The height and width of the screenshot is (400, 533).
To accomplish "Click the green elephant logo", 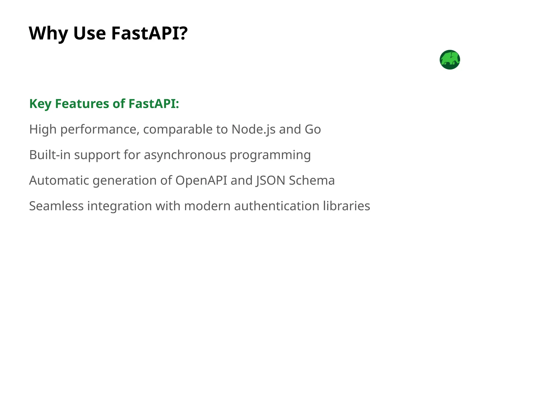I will [450, 60].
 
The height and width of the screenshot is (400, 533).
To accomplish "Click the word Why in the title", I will [48, 34].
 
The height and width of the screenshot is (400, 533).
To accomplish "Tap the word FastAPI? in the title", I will [149, 34].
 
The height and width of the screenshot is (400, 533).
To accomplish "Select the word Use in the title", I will [90, 34].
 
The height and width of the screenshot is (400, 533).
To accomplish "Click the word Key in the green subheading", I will [40, 104].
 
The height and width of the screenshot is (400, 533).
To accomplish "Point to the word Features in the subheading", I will [82, 104].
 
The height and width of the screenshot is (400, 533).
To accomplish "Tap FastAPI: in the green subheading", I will [154, 104].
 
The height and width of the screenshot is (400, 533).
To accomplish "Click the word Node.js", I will [253, 129].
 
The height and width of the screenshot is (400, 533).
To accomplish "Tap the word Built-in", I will [50, 155].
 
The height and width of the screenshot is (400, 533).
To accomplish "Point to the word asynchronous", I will [185, 155].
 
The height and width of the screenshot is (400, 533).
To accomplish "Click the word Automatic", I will [59, 180].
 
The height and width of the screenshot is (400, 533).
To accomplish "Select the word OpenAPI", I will [201, 180].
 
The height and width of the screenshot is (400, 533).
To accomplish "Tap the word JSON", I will [270, 180].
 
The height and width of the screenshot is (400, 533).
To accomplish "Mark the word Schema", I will [312, 180].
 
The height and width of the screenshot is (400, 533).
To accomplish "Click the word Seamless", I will [56, 206].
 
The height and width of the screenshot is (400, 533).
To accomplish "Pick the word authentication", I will [277, 206].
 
